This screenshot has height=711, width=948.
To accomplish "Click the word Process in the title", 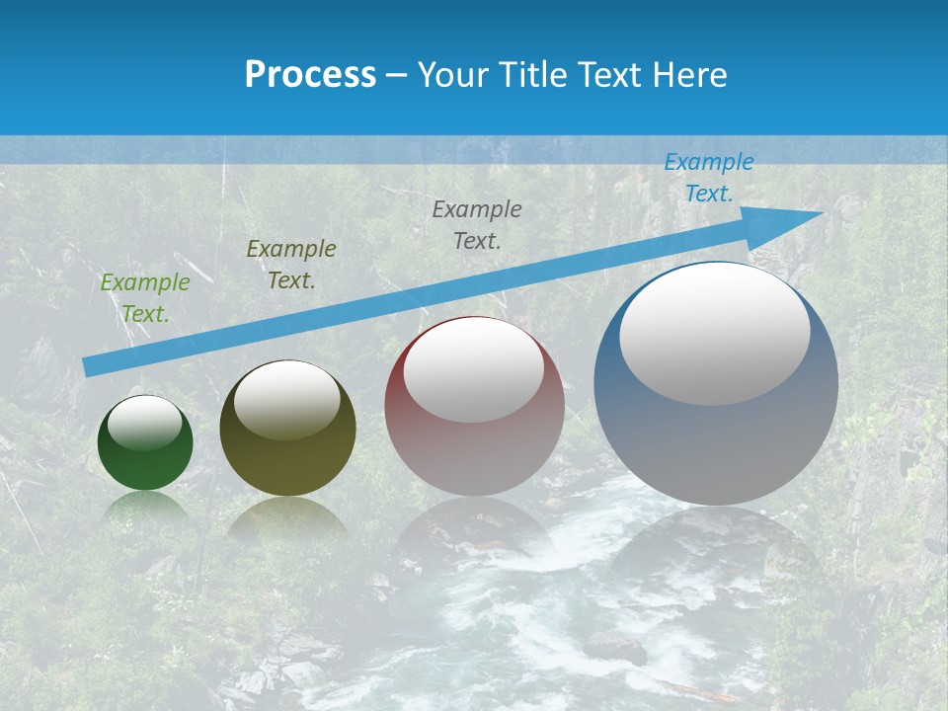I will coord(310,75).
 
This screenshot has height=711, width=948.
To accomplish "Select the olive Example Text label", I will coord(291,265).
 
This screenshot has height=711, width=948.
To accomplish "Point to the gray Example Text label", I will coord(477,224).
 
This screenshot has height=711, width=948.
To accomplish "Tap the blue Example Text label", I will coord(708,178).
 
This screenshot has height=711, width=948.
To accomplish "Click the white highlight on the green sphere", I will coord(145,424).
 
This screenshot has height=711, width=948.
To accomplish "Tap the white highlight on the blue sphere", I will coord(714,334).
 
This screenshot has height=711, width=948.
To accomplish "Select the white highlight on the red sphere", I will coord(474,370).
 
